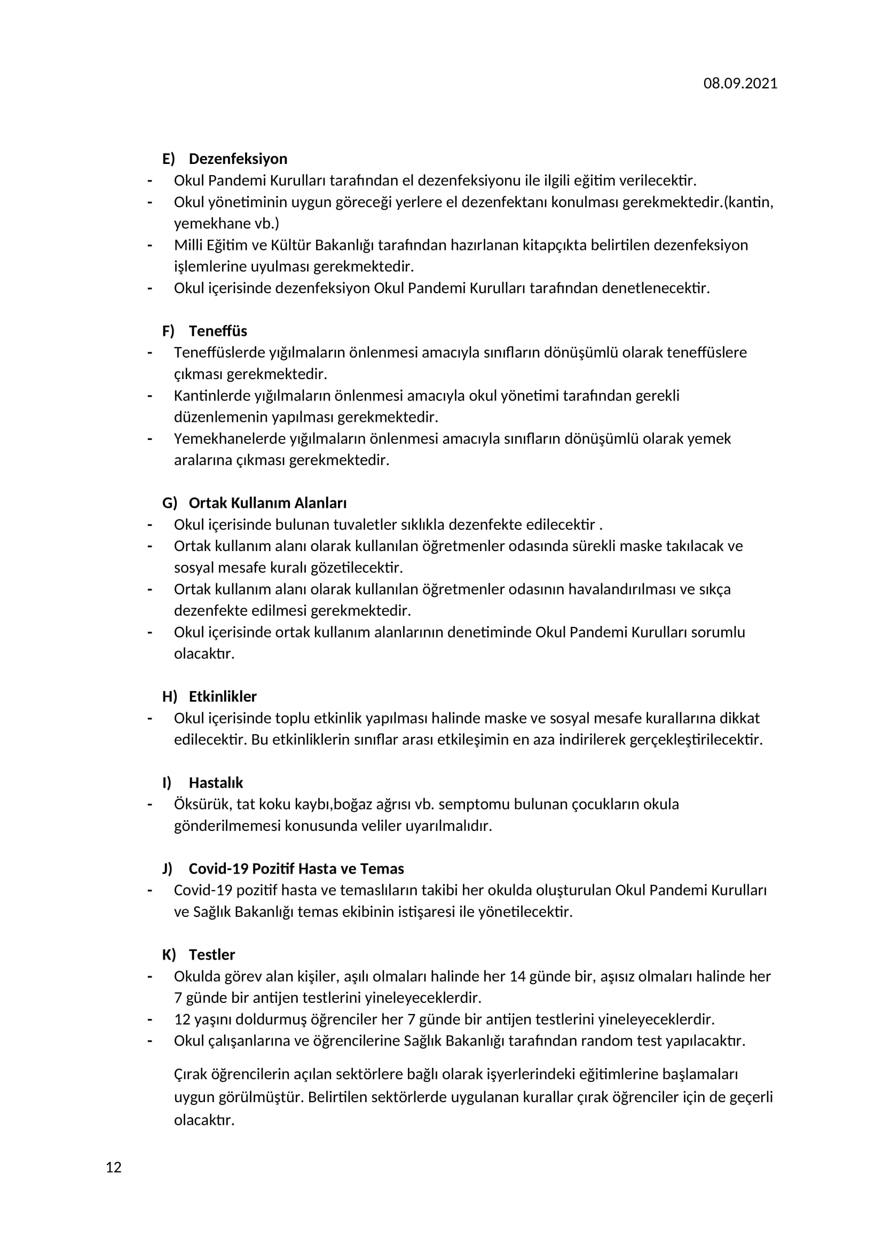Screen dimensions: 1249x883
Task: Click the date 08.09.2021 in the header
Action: (x=740, y=83)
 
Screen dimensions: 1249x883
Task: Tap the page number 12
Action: (x=114, y=1167)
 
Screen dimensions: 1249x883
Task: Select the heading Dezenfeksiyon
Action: (x=238, y=159)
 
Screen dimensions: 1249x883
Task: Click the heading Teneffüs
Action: (x=217, y=331)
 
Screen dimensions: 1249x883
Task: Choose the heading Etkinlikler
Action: (x=223, y=696)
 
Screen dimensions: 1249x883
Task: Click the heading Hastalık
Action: (x=216, y=782)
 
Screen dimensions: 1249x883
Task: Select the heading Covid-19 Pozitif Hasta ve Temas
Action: (x=296, y=868)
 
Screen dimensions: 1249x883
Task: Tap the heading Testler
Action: (x=212, y=954)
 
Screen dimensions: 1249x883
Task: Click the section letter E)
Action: (x=169, y=159)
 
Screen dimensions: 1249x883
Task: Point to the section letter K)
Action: (x=169, y=954)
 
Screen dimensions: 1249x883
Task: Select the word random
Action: (x=605, y=1041)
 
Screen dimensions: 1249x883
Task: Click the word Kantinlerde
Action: (x=212, y=396)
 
